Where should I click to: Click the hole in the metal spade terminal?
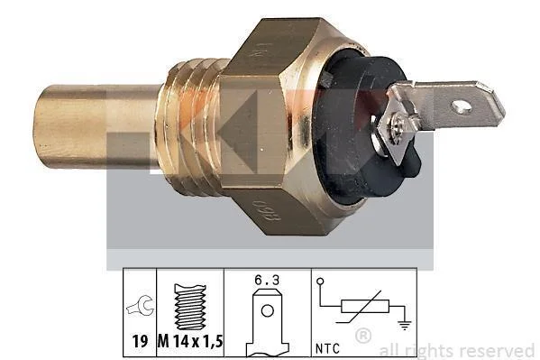click(462, 106)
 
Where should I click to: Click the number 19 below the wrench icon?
click(140, 342)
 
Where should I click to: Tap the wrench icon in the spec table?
click(140, 306)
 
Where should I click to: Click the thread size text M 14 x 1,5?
click(190, 342)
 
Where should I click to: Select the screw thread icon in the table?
click(190, 307)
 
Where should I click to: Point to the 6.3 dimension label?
click(267, 281)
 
